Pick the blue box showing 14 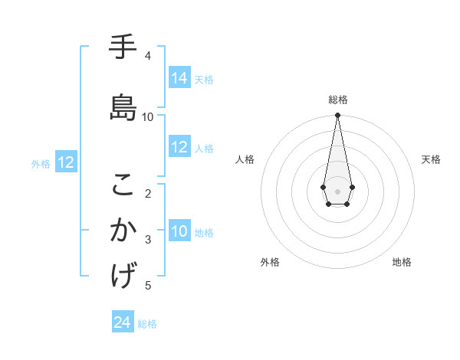pos(179,77)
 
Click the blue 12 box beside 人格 pos(179,147)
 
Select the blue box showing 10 pos(179,231)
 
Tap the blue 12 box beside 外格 pos(66,162)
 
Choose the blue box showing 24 pos(123,322)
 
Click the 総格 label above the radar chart pos(337,100)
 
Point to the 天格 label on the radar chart pos(431,159)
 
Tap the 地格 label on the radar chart pos(402,262)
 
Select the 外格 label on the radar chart pos(270,262)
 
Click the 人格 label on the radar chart pos(245,159)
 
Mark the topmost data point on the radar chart pos(337,116)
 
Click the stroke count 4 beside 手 pos(148,56)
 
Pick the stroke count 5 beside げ pos(148,286)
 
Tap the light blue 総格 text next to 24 pos(147,324)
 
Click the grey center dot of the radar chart pos(337,190)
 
